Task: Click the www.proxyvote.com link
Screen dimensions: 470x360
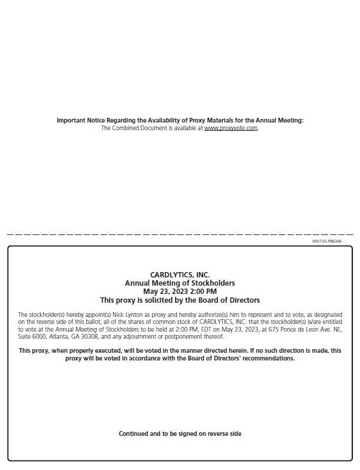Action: [x=231, y=128]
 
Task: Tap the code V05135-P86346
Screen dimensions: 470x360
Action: [x=327, y=241]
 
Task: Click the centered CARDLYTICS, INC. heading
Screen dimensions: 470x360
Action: [x=180, y=274]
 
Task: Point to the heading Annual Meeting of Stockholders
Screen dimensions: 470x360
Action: [x=180, y=283]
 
